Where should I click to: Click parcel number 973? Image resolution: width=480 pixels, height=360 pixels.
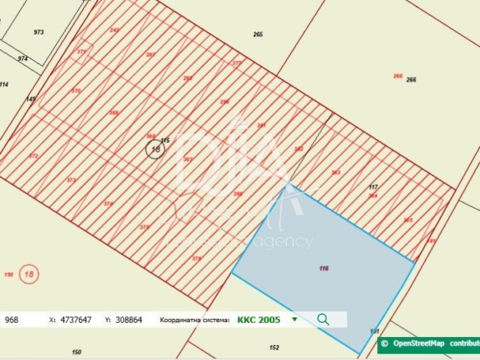click(39, 32)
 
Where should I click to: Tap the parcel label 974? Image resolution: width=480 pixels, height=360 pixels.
click(22, 59)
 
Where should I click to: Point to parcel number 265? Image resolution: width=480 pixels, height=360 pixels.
click(258, 35)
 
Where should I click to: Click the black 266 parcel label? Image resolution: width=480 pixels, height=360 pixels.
click(411, 79)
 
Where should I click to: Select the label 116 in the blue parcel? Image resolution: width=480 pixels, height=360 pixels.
click(323, 268)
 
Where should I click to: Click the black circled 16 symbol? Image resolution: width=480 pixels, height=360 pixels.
click(154, 149)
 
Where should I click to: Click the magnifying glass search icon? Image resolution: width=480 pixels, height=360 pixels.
click(323, 319)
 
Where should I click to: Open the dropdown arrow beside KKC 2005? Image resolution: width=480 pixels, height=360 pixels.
click(294, 319)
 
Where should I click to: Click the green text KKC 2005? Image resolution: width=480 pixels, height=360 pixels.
click(258, 319)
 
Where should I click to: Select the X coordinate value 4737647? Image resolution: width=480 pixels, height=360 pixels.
click(76, 319)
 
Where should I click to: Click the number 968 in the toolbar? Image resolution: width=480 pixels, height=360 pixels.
click(13, 319)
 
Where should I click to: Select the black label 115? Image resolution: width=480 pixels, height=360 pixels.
click(164, 141)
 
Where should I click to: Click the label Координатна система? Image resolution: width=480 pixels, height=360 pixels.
click(195, 319)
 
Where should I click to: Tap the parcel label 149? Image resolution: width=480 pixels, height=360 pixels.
click(30, 99)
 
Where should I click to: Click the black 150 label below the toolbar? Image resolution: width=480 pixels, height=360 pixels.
click(76, 352)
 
